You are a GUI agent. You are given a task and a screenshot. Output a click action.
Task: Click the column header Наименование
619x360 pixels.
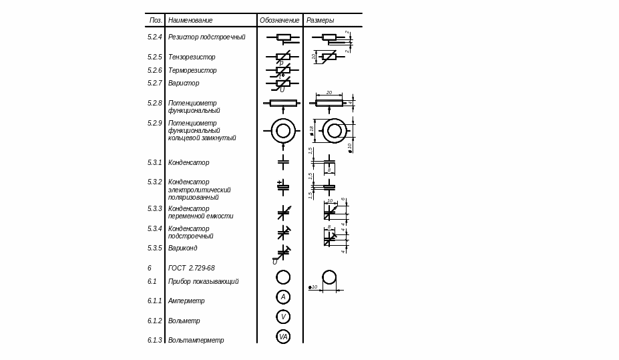[190, 21]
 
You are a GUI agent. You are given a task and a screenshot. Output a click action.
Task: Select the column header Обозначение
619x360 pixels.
[279, 21]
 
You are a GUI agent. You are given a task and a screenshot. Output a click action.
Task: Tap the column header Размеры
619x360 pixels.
[320, 21]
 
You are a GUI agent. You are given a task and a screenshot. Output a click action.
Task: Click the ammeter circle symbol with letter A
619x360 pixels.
[283, 297]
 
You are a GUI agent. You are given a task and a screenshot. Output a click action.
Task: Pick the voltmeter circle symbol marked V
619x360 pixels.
[283, 317]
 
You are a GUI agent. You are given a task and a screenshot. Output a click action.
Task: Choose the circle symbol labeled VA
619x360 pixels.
[283, 337]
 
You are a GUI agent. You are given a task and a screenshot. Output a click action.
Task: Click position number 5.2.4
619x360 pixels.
[155, 37]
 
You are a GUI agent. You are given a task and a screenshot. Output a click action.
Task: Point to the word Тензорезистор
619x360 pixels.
[192, 57]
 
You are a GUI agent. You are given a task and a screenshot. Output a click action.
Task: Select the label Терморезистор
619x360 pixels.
[192, 71]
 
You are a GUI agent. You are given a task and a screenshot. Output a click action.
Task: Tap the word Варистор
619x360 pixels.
[184, 83]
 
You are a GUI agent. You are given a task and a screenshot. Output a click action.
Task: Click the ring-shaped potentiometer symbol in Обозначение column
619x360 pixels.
[283, 130]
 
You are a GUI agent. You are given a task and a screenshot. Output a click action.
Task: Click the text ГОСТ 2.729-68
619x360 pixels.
[191, 268]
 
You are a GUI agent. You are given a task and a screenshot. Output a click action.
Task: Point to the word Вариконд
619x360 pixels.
[182, 248]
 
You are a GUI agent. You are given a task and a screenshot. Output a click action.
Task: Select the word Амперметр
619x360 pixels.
[186, 301]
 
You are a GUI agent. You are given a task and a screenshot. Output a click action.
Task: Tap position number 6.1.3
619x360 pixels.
[155, 341]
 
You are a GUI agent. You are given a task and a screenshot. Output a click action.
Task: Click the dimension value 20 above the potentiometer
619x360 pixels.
[329, 93]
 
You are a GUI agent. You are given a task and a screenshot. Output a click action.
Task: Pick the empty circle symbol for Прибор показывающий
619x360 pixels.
[283, 277]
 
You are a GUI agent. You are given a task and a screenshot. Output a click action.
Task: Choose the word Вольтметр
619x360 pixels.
[184, 321]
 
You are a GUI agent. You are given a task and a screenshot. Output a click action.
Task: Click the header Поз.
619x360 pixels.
[156, 21]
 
